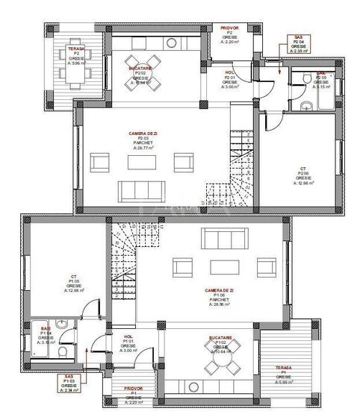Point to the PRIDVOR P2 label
[x=229, y=34]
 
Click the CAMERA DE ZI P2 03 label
[x=143, y=140]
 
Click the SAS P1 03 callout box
[x=69, y=382]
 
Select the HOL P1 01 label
[x=128, y=342]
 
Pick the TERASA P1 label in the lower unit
[x=282, y=373]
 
